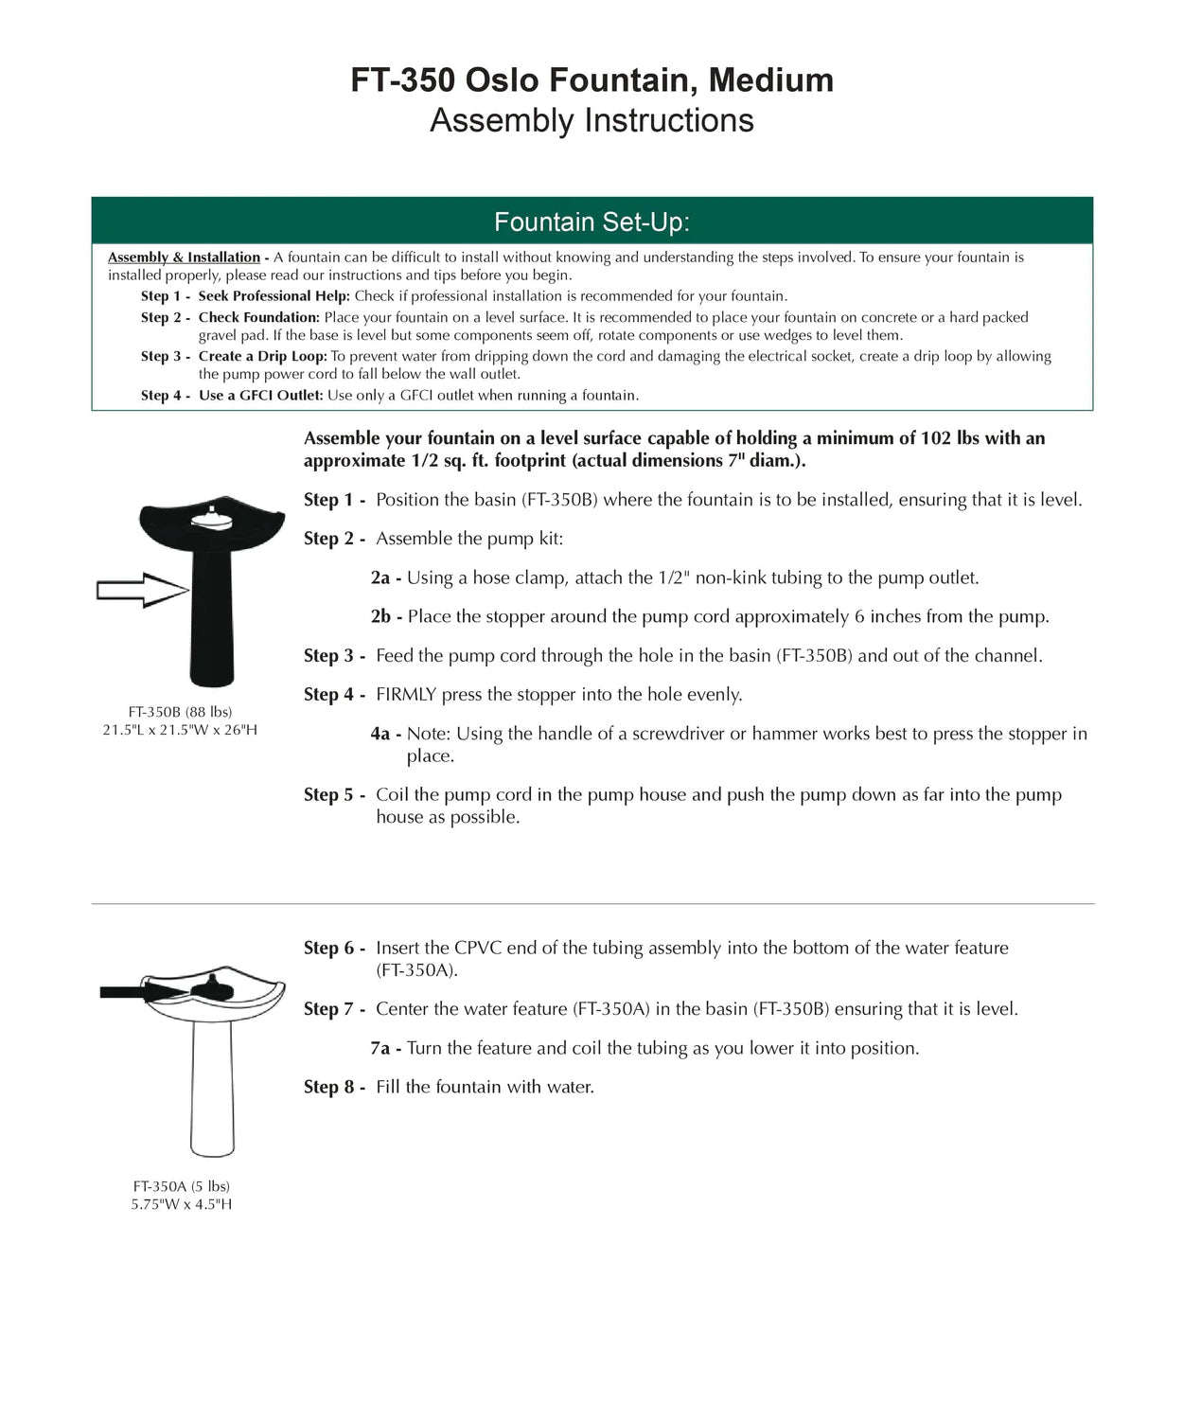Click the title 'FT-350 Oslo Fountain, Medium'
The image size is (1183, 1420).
[591, 80]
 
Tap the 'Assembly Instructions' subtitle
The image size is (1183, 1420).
[591, 121]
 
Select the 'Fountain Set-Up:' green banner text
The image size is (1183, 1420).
[591, 222]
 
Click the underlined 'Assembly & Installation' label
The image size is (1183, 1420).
[184, 257]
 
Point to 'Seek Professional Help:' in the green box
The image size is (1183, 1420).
[274, 296]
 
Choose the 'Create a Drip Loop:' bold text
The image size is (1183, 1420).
[262, 356]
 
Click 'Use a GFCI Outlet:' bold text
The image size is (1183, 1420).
[260, 396]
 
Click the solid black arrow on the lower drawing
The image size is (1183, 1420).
[142, 992]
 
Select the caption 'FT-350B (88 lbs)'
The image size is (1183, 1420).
[180, 712]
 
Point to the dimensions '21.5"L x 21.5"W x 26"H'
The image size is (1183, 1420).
[180, 730]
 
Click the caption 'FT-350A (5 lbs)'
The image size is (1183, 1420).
[182, 1186]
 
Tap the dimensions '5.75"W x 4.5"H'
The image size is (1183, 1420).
[182, 1204]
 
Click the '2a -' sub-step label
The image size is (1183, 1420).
[386, 578]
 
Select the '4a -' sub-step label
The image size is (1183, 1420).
[386, 735]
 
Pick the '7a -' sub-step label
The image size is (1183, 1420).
[386, 1049]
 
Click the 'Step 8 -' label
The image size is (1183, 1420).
[334, 1088]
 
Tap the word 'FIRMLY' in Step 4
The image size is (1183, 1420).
[406, 695]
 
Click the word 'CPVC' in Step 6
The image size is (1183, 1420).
[477, 948]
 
